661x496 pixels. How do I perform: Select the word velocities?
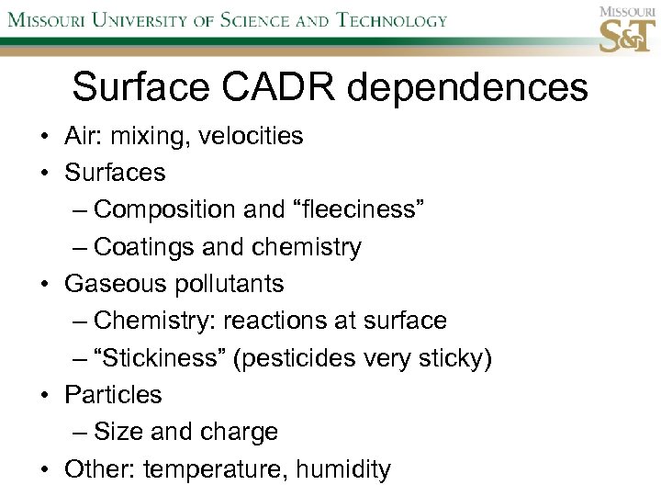point(250,136)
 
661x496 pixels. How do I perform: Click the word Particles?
point(113,395)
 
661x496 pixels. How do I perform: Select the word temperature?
point(215,469)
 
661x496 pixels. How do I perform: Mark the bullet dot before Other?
point(44,469)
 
